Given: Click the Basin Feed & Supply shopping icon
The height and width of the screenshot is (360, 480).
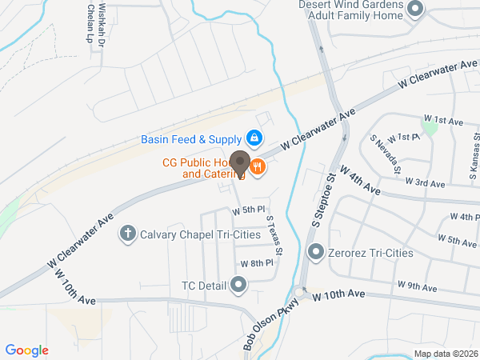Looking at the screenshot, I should [254, 138].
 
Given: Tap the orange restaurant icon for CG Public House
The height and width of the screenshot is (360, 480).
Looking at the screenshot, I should [257, 167].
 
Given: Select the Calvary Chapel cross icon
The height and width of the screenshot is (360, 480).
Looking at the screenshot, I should [126, 234].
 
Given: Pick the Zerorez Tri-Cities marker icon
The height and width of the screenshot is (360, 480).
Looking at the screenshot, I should [316, 253].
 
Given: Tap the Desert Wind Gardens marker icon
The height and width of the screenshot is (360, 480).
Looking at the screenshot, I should [415, 10].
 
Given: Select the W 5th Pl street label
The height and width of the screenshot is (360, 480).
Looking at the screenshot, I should [248, 210].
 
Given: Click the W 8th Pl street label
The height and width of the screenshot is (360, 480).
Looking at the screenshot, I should [257, 262].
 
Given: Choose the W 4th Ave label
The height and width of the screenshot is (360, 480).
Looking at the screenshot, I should [359, 180].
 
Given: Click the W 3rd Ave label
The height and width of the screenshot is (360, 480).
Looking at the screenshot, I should [425, 182].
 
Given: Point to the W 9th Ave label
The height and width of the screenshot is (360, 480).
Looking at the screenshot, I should [418, 286].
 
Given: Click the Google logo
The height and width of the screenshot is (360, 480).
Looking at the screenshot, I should [27, 350].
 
